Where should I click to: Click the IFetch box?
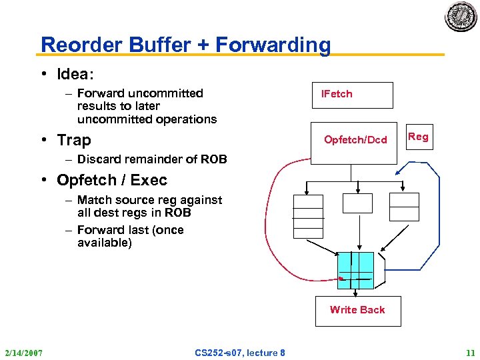pos(353,95)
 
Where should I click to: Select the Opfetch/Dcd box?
pos(355,139)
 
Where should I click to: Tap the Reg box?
pos(418,137)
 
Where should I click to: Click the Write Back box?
pos(357,310)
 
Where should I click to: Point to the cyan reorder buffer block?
pos(355,270)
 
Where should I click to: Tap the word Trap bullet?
pos(74,140)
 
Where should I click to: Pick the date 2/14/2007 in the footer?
pos(23,352)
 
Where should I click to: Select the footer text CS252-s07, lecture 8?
pos(239,352)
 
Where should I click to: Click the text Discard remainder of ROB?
pos(152,159)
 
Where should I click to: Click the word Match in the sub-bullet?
pos(94,200)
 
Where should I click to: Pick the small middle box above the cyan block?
pos(357,203)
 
